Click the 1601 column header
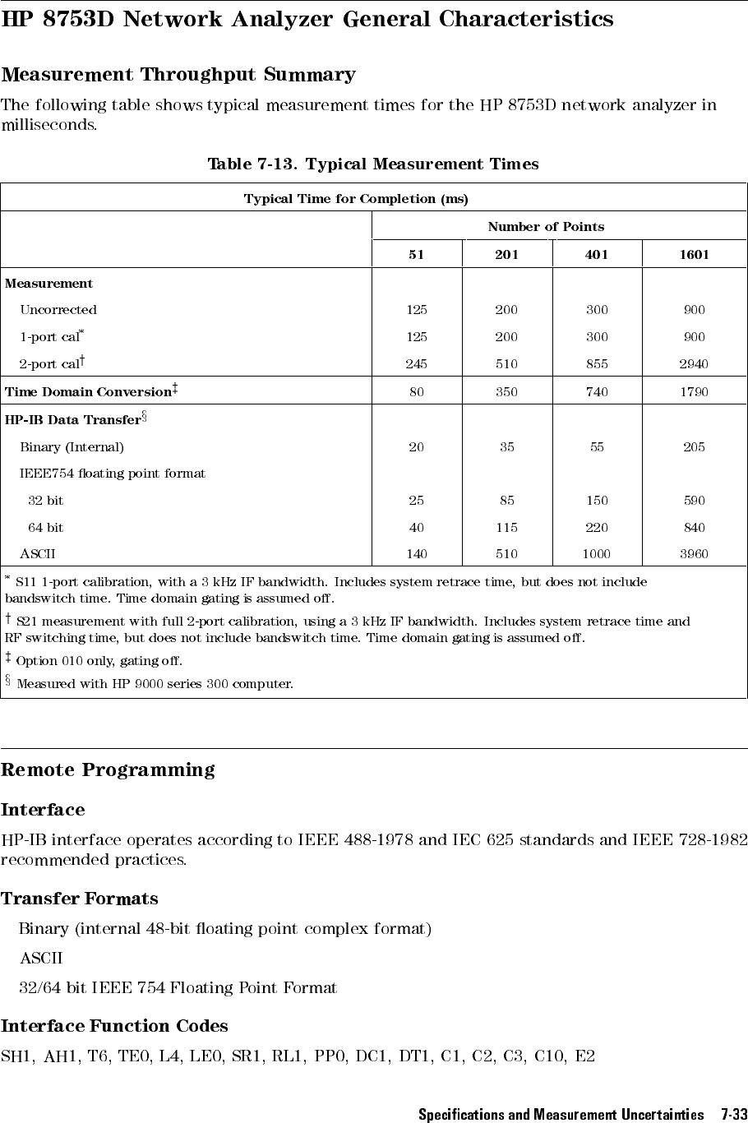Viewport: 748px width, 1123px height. [x=694, y=255]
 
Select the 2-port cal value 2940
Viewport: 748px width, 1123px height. [x=694, y=364]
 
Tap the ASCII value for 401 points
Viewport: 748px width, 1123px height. [x=596, y=554]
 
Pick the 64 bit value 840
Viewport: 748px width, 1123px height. [x=694, y=527]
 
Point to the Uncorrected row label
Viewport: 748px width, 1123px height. [x=58, y=310]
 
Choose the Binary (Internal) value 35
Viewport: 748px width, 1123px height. [x=506, y=447]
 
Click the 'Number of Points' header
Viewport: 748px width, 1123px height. [x=545, y=227]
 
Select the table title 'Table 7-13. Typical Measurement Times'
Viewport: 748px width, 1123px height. [x=373, y=164]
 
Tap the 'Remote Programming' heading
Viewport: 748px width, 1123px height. [x=108, y=770]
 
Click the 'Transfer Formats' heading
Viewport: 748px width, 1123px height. [x=80, y=899]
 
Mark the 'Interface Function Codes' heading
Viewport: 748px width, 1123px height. [x=114, y=1026]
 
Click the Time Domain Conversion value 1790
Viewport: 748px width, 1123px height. [x=694, y=392]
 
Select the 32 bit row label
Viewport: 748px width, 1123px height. [x=45, y=501]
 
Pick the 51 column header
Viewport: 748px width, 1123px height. [x=417, y=255]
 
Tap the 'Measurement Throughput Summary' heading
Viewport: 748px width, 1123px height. [x=178, y=75]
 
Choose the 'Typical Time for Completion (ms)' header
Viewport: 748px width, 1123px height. [x=356, y=199]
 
